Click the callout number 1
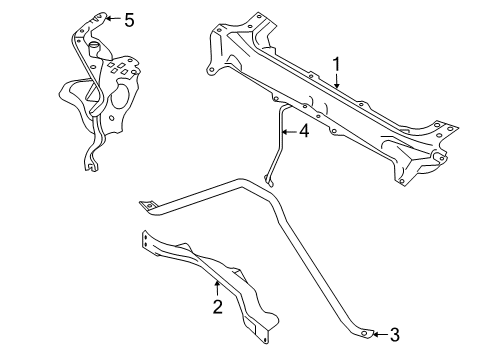(337, 64)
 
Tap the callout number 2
(217, 307)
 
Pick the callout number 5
(127, 18)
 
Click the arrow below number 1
(337, 82)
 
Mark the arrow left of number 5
(110, 18)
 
